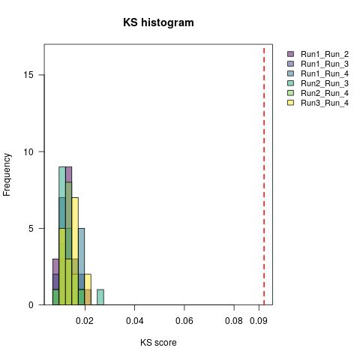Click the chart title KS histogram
[158, 22]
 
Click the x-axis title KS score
[158, 343]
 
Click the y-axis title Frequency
[7, 174]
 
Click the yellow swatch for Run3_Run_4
[291, 103]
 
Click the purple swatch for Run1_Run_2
[291, 55]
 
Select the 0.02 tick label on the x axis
[85, 320]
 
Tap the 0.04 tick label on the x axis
[134, 320]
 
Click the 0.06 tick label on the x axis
[184, 320]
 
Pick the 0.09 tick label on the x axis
[259, 320]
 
